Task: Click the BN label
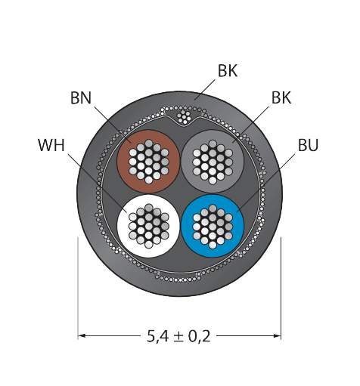pyautogui.click(x=81, y=98)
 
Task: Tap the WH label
pyautogui.click(x=51, y=145)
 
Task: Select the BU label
pyautogui.click(x=308, y=145)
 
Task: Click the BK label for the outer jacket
pyautogui.click(x=228, y=71)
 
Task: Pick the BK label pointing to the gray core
pyautogui.click(x=281, y=97)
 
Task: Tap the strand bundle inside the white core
pyautogui.click(x=148, y=226)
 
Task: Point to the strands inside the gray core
pyautogui.click(x=213, y=162)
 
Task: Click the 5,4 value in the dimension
pyautogui.click(x=157, y=336)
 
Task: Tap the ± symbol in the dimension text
pyautogui.click(x=178, y=337)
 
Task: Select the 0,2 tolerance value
pyautogui.click(x=200, y=336)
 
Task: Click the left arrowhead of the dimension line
pyautogui.click(x=82, y=335)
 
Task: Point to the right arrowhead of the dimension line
pyautogui.click(x=277, y=335)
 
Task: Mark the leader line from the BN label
pyautogui.click(x=113, y=125)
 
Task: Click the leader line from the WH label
pyautogui.click(x=98, y=184)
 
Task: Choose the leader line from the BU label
pyautogui.click(x=265, y=183)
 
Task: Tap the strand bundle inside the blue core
pyautogui.click(x=213, y=226)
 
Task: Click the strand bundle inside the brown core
pyautogui.click(x=148, y=162)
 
